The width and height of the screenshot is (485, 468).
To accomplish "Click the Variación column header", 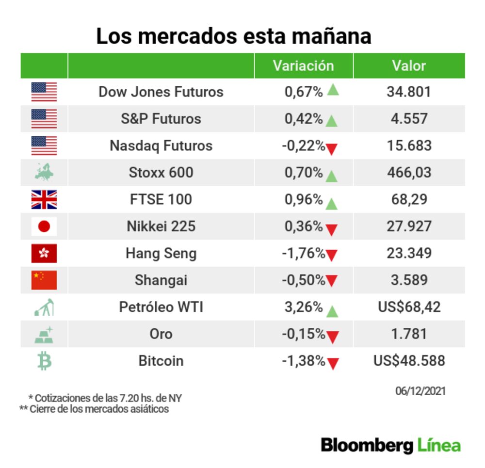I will [x=303, y=66].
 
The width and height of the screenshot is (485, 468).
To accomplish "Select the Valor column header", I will [x=409, y=66].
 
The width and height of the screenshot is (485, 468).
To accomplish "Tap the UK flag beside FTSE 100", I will [x=44, y=200].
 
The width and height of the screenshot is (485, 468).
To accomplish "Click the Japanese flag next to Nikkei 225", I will [x=44, y=226].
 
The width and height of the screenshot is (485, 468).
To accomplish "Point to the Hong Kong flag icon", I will [x=44, y=254].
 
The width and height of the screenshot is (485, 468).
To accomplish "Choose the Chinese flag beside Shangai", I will [x=44, y=280].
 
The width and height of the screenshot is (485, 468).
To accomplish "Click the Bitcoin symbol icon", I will [x=44, y=361].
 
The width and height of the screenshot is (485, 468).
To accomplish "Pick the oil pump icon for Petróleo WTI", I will [x=44, y=307].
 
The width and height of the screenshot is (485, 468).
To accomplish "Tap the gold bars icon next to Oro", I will [x=44, y=335].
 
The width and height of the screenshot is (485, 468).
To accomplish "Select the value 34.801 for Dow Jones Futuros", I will [x=408, y=92].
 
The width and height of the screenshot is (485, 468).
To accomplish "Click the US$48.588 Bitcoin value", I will [x=409, y=361].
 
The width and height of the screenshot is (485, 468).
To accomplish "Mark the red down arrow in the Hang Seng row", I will [x=332, y=255].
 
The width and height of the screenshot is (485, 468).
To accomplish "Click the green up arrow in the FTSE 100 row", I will [x=332, y=204].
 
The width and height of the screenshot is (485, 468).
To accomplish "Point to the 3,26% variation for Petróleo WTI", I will [x=304, y=307].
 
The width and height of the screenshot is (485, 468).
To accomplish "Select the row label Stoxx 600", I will [x=161, y=173].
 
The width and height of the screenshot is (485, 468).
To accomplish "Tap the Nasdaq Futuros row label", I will [x=161, y=145].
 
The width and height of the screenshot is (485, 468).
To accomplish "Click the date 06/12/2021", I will [x=420, y=391].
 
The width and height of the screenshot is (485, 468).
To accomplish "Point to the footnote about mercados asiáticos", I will [x=94, y=409].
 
